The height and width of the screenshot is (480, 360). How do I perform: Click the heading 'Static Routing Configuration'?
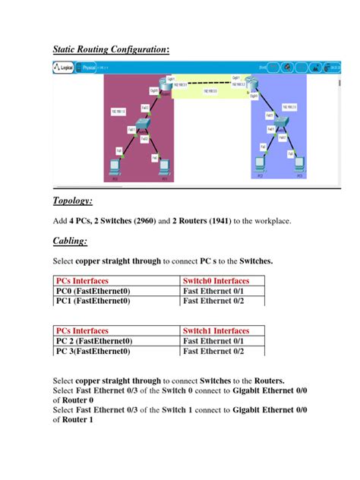point(109,49)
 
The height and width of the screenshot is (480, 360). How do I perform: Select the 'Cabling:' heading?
point(70,241)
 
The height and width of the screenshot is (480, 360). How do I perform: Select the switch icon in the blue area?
point(281,123)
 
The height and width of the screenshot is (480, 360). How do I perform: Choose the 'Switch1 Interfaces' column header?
point(216,331)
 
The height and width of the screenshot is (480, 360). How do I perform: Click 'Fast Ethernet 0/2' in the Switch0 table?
point(213,301)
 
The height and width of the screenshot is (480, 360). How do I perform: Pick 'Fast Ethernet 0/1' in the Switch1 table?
point(213,341)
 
